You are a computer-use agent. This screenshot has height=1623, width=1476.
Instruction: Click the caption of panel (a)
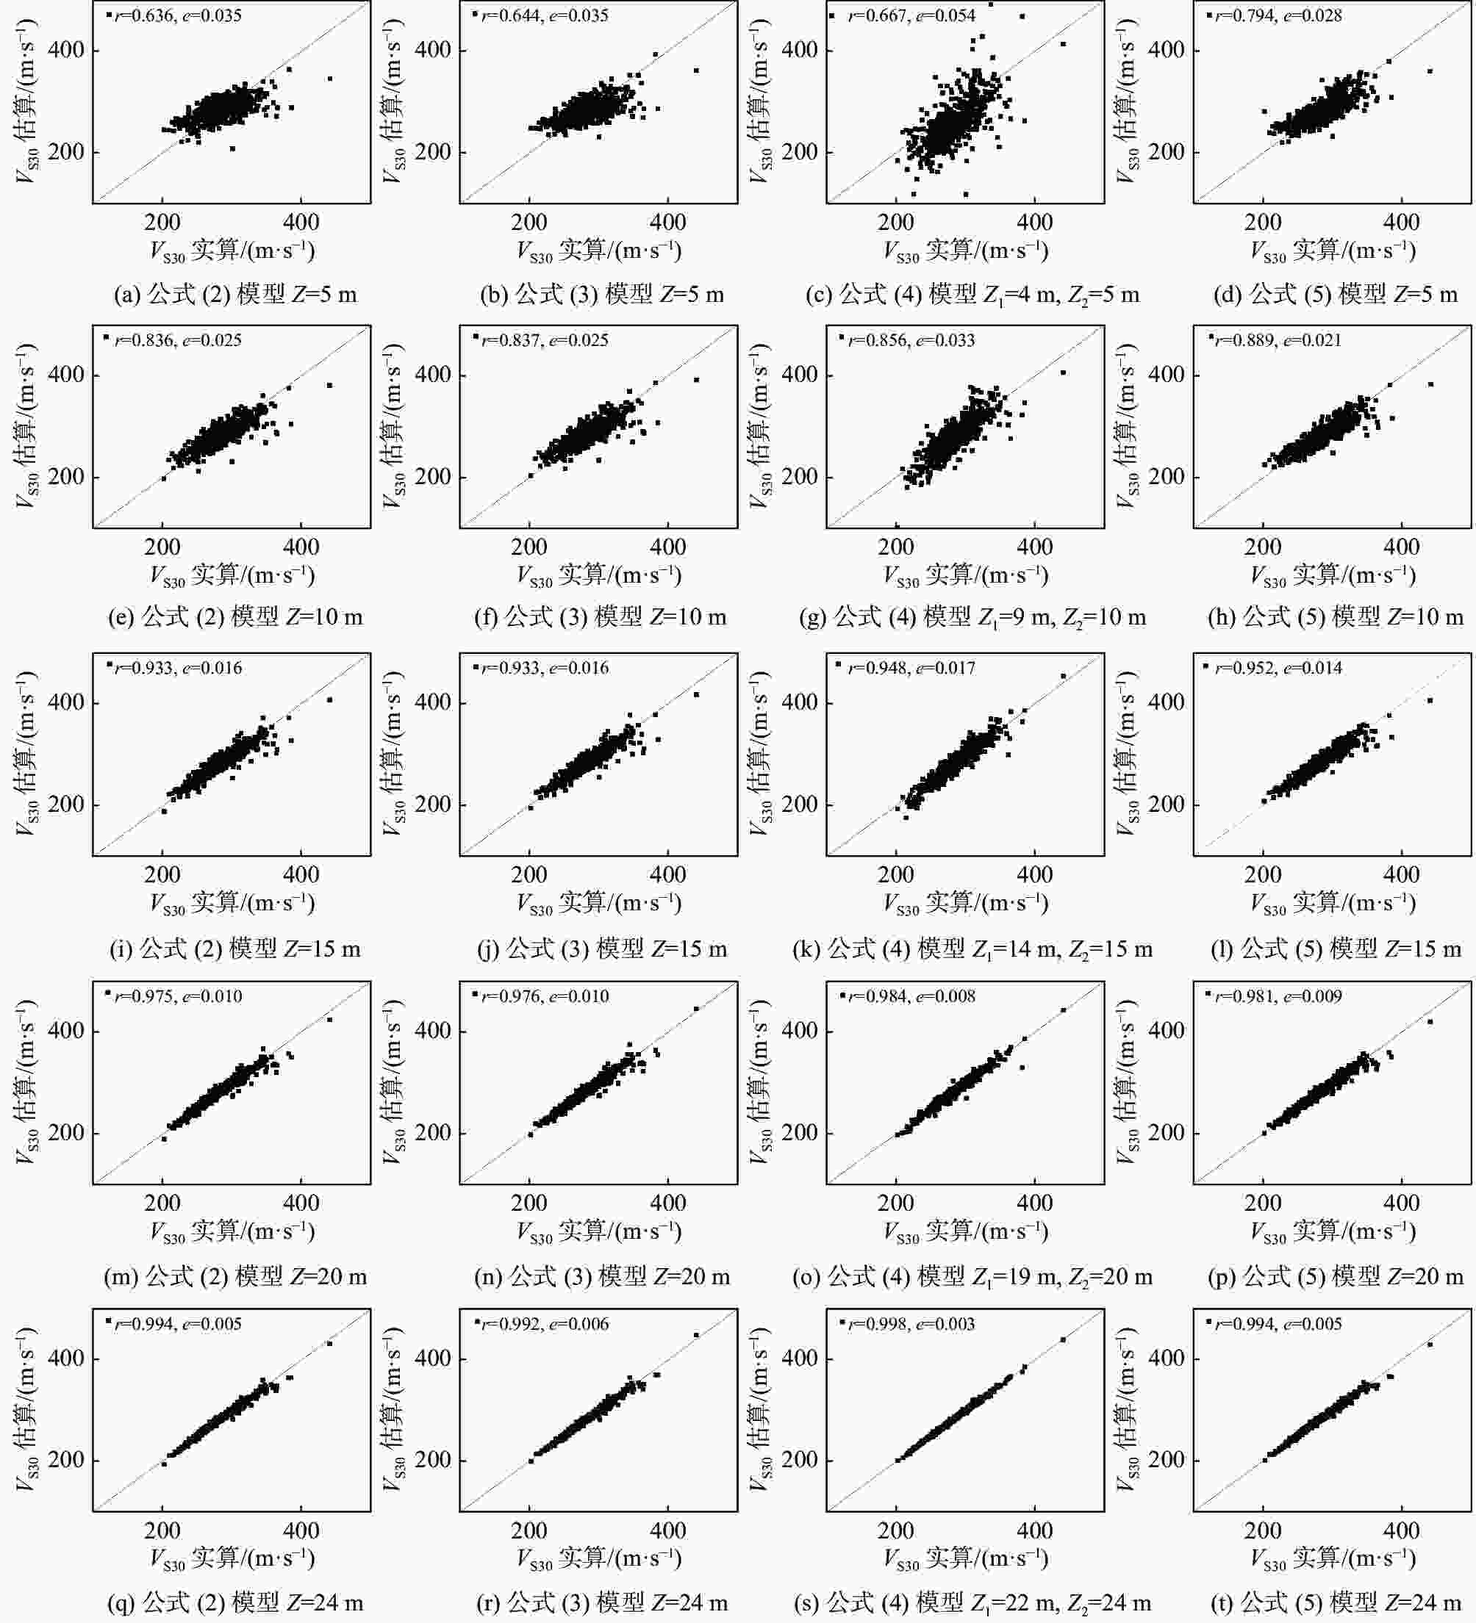[x=235, y=295]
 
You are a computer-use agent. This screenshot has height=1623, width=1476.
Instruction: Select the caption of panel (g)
[x=972, y=617]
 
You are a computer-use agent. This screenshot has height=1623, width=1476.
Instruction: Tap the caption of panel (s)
[x=972, y=1603]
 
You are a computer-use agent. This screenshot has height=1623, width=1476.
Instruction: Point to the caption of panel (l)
[x=1335, y=949]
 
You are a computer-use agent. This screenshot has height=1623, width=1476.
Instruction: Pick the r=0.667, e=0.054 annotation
[x=911, y=15]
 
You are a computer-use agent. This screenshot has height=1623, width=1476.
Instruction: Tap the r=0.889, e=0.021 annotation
[x=1279, y=339]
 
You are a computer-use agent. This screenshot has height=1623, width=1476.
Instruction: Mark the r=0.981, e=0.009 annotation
[x=1279, y=996]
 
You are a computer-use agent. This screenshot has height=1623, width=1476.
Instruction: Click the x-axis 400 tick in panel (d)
[x=1401, y=222]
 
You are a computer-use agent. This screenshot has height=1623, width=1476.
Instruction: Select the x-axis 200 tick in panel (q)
[x=162, y=1530]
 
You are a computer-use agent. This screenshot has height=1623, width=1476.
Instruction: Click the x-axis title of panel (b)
[x=599, y=251]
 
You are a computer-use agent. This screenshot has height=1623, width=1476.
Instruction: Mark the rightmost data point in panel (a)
[x=329, y=78]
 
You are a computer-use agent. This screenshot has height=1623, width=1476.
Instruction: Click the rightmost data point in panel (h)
[x=1431, y=384]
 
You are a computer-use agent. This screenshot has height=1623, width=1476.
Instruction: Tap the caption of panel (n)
[x=602, y=1277]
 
